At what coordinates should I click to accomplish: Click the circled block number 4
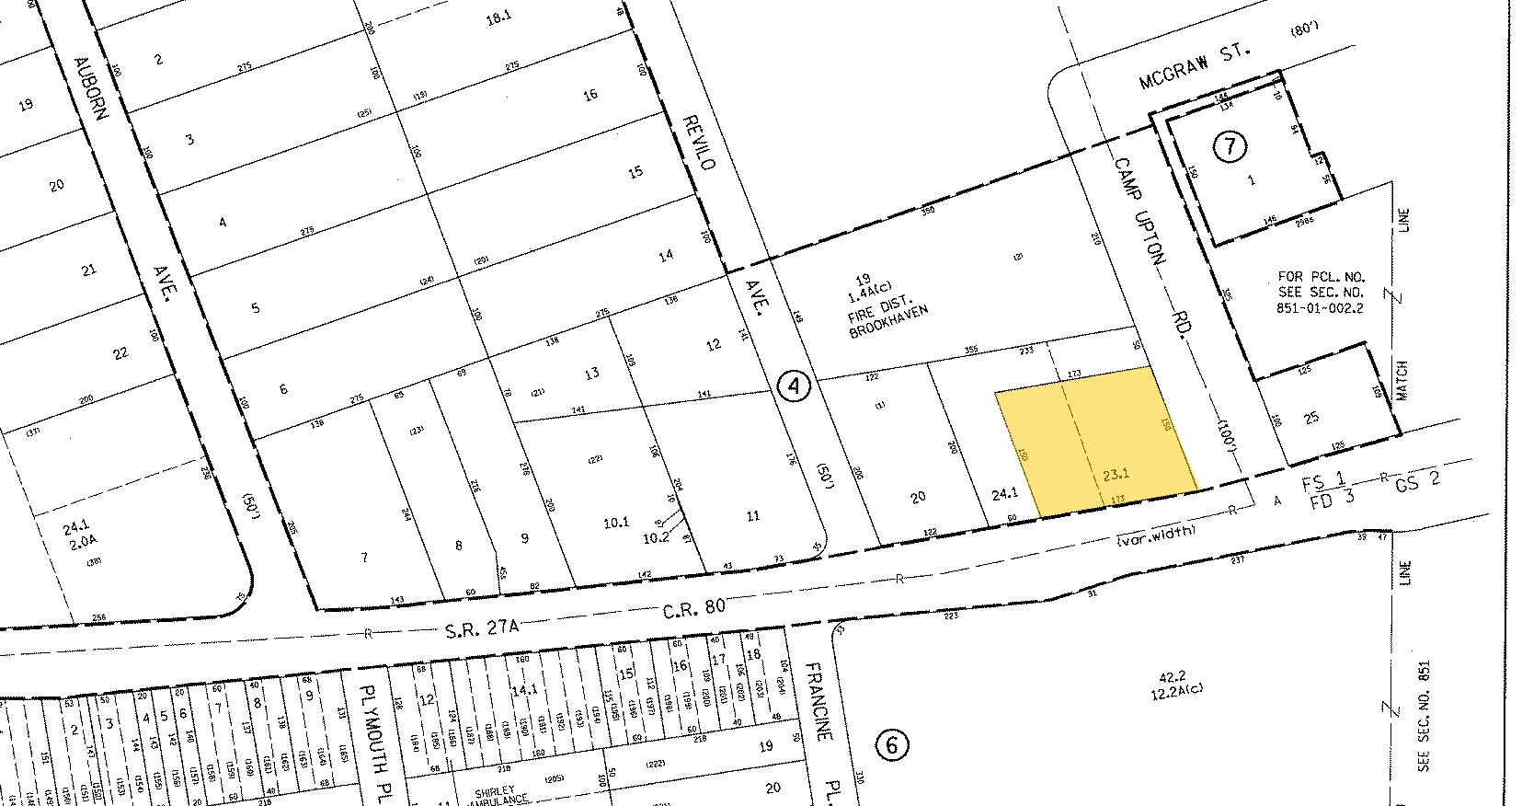coord(794,386)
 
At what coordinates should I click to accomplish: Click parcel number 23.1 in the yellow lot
coord(1115,475)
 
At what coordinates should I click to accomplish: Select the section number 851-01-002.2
coord(1320,309)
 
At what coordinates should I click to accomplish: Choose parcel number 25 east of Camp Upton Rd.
coord(1311,417)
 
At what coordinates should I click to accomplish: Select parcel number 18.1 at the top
coord(497,15)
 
